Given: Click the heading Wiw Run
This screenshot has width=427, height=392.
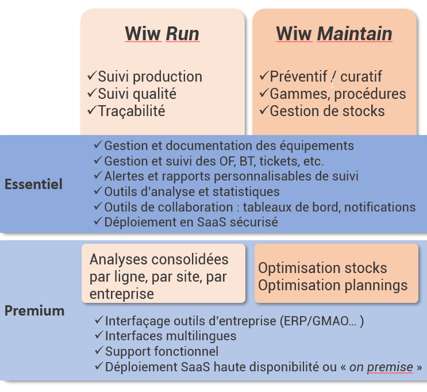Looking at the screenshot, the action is tap(162, 34).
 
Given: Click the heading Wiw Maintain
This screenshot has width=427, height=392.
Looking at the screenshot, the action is tap(334, 34).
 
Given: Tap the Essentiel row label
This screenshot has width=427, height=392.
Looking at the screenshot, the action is tap(33, 184).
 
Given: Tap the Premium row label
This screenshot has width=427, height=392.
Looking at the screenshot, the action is tap(34, 310).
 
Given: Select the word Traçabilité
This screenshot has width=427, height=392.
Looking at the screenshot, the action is tap(132, 112).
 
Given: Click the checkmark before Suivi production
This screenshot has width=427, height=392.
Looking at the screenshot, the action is tap(92, 75).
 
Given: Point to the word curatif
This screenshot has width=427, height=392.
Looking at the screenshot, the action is tap(361, 76).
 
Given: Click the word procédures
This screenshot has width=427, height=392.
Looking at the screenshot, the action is tap(370, 94).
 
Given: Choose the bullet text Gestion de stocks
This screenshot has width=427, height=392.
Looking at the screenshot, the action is tap(327, 111).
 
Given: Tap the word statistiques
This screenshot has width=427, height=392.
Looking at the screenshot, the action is tap(246, 192).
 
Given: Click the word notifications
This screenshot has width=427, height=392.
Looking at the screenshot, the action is tap(380, 207).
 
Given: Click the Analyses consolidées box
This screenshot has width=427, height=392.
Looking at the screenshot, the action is tap(163, 273).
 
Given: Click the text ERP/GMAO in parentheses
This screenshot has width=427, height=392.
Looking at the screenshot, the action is tap(321, 321).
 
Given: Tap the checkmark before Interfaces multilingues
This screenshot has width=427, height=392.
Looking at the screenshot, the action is tap(99, 335).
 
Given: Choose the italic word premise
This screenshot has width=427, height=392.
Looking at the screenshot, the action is tap(390, 367).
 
